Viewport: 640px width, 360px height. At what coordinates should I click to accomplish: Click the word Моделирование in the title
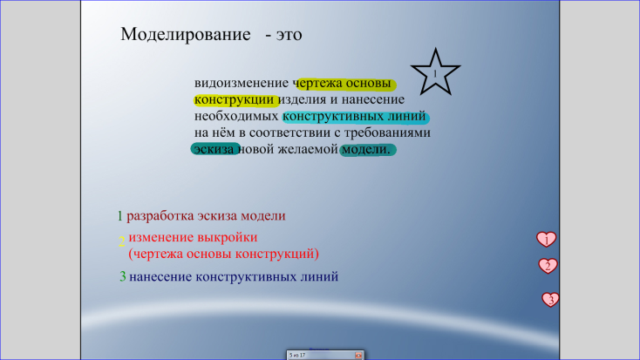pyautogui.click(x=186, y=34)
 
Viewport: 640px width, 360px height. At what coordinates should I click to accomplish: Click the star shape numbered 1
pyautogui.click(x=435, y=72)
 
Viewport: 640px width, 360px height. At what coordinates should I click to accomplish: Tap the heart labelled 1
pyautogui.click(x=546, y=239)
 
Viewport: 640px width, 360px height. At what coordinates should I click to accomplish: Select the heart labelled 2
pyautogui.click(x=548, y=266)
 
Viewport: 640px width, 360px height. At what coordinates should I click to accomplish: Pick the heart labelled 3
pyautogui.click(x=550, y=300)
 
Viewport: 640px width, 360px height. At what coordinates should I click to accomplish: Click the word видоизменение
pyautogui.click(x=242, y=83)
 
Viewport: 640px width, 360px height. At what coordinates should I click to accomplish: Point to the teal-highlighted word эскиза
pyautogui.click(x=214, y=149)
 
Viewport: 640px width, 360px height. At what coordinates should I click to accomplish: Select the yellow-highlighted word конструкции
pyautogui.click(x=234, y=99)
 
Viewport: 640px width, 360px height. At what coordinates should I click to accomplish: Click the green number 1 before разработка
pyautogui.click(x=119, y=216)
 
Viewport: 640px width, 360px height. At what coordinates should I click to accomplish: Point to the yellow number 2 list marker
pyautogui.click(x=121, y=241)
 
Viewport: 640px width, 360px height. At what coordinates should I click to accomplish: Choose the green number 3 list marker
pyautogui.click(x=122, y=276)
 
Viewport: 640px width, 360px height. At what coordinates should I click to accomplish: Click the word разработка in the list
pyautogui.click(x=160, y=216)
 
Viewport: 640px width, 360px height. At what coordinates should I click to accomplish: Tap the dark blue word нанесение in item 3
pyautogui.click(x=160, y=276)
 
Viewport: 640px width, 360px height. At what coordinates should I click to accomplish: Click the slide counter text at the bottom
pyautogui.click(x=297, y=355)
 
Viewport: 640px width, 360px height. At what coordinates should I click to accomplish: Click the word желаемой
pyautogui.click(x=308, y=149)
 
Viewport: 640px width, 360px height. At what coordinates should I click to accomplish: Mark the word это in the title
pyautogui.click(x=289, y=35)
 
